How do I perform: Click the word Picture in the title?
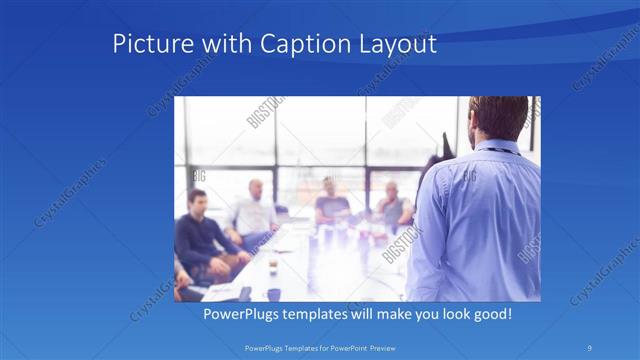point(146,45)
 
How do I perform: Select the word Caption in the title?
point(296,45)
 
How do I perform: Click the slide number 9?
point(589,347)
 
